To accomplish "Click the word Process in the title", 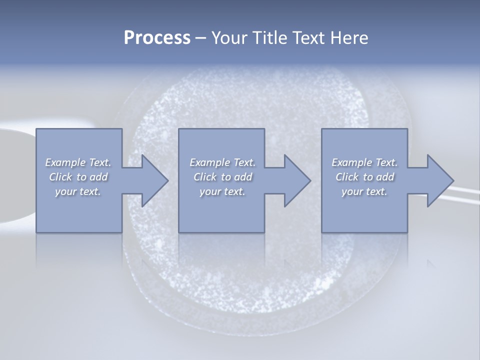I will pos(157,38).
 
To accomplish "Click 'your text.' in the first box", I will pos(78,191).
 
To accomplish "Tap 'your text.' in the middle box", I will pos(222,191).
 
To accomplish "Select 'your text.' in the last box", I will pos(364,191).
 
